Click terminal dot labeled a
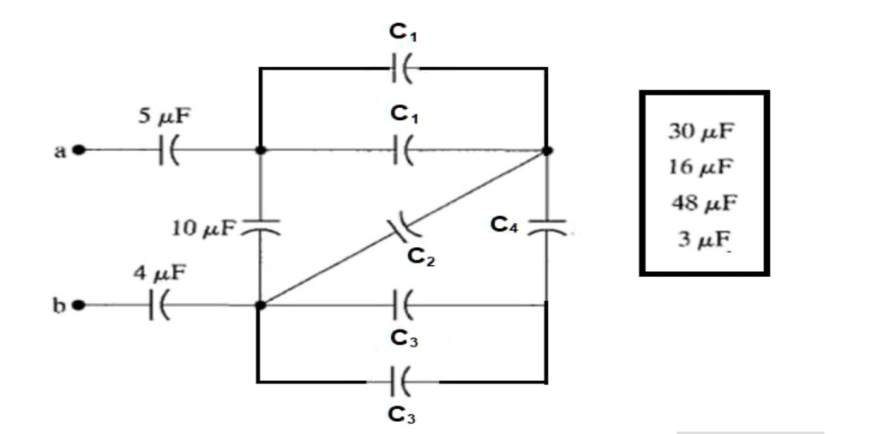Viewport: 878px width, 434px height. tap(79, 150)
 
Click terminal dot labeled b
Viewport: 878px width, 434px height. tap(79, 304)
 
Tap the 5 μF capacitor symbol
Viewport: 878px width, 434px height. tap(167, 150)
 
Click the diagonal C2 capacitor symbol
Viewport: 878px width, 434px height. tap(401, 228)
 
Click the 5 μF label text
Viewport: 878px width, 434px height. tap(165, 118)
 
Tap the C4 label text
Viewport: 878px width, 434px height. tap(504, 225)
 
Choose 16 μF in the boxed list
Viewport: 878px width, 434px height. tap(701, 166)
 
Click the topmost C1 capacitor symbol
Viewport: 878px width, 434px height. tap(401, 68)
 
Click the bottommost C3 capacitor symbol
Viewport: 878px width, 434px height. tap(401, 381)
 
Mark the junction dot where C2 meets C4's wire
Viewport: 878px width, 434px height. tap(547, 151)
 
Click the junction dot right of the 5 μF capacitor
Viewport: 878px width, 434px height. tap(260, 150)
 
